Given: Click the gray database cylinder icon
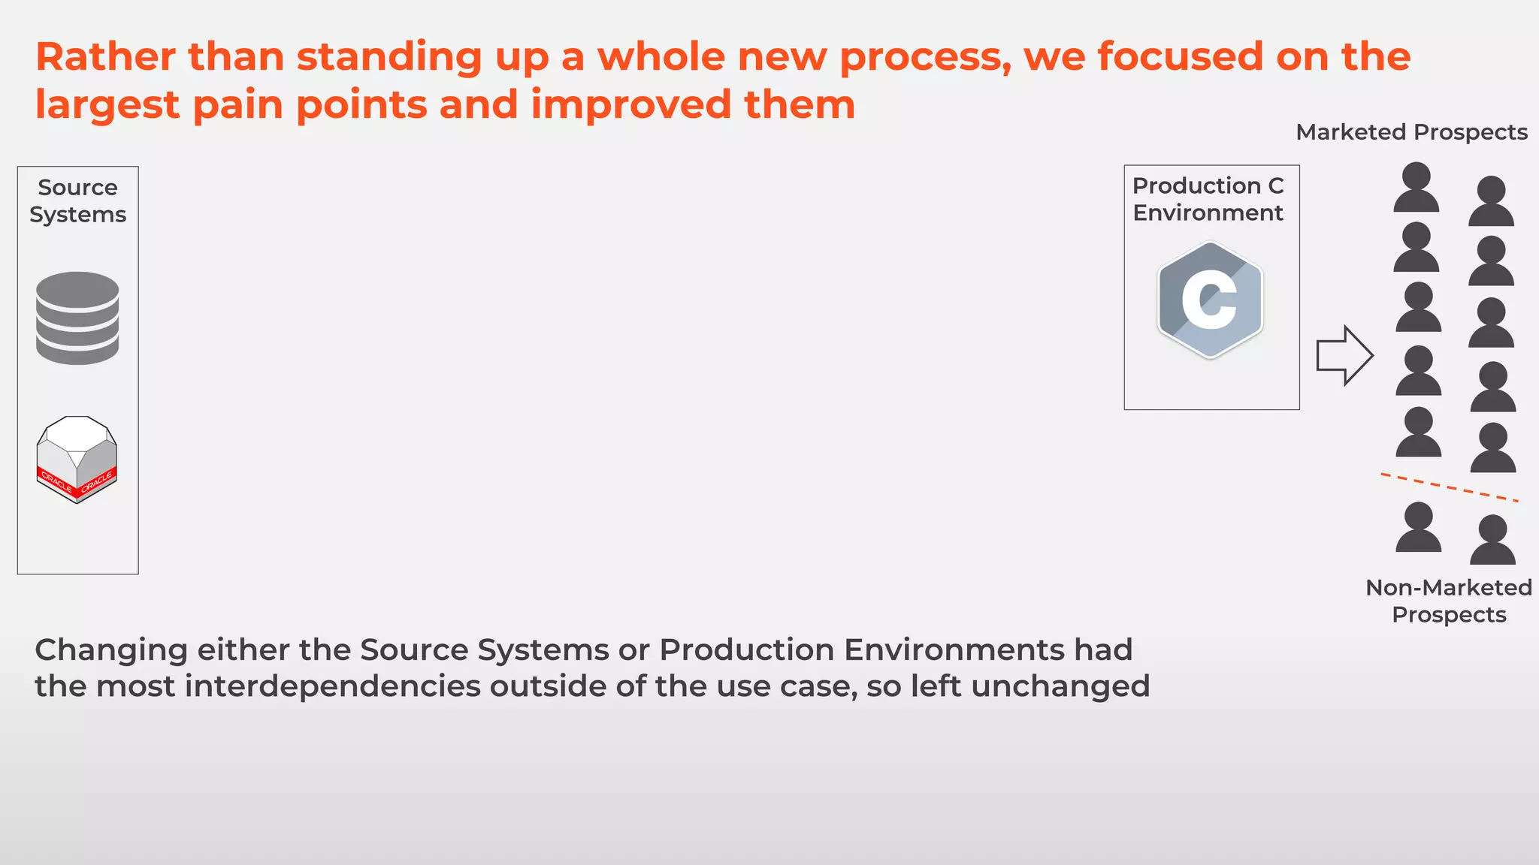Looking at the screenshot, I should pos(77,318).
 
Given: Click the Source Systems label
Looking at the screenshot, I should pos(77,200).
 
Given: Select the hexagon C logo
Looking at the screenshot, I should pos(1210,300).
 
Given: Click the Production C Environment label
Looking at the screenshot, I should pos(1208,199).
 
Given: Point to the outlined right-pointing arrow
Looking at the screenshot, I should pos(1344,356).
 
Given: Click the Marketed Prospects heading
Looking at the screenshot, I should pos(1411,132).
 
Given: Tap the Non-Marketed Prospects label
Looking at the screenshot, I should pos(1448,601).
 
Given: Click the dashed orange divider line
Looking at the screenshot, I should pos(1449,487).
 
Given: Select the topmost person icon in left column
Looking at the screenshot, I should pos(1417,188).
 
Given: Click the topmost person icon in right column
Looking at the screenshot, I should pos(1491,202).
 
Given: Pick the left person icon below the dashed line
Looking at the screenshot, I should pos(1418,528).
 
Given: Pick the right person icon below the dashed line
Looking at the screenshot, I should pos(1492,541).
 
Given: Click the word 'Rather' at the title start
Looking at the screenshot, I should pos(105,57).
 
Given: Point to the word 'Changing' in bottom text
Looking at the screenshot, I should pos(110,650).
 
